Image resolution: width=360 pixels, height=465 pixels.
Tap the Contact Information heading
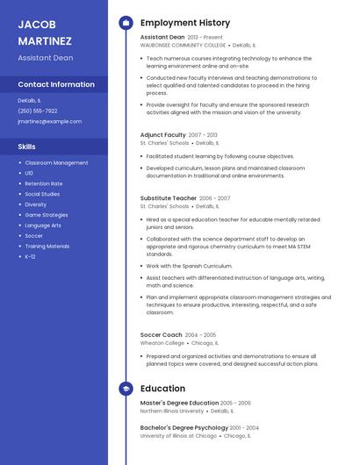56,84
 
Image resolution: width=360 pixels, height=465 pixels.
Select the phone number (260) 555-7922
38,111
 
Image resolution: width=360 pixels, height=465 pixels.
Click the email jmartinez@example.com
43,121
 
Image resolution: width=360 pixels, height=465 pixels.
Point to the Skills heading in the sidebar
27,147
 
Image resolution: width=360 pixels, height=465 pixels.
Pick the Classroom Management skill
56,162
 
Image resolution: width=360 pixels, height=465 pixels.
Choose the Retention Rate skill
43,183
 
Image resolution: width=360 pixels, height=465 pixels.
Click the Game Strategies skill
46,215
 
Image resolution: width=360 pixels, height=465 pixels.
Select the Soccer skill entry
33,236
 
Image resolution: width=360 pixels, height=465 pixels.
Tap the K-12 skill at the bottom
30,257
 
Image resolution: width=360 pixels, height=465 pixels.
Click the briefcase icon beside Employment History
126,23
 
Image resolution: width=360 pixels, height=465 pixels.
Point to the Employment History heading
185,23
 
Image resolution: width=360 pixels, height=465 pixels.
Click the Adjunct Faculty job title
163,135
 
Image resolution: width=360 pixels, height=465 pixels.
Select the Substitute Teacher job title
169,198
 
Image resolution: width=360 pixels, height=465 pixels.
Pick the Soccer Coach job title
162,334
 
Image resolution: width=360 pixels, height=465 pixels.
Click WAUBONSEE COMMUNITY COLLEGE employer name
183,45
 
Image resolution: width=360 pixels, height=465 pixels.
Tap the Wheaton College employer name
162,343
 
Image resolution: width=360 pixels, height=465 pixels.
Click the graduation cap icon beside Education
126,387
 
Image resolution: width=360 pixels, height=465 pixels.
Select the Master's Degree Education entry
179,403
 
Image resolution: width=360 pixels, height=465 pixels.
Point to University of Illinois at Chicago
178,435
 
